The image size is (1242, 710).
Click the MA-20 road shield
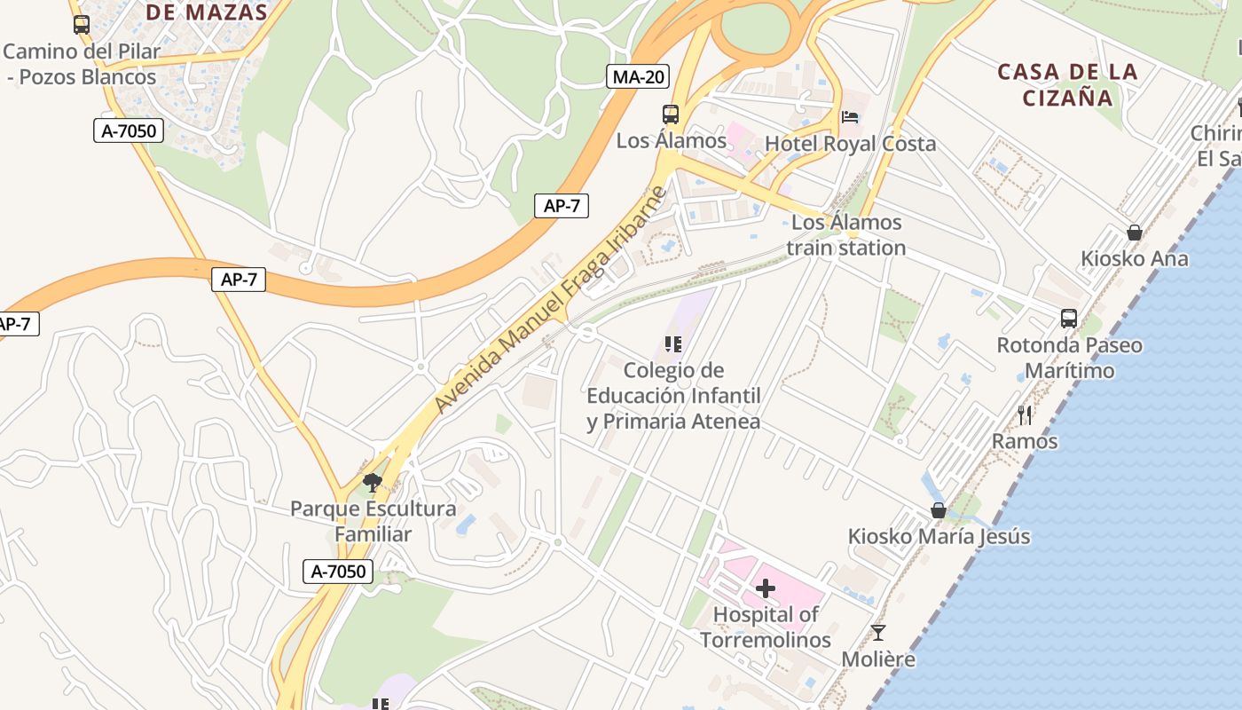[x=639, y=76]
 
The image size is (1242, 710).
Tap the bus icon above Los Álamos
[x=671, y=114]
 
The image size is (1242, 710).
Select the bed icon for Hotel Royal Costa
[x=850, y=116]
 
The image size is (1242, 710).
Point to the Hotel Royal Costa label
[x=850, y=144]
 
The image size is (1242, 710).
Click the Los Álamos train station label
[x=845, y=235]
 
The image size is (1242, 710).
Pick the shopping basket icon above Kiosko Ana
[x=1134, y=233]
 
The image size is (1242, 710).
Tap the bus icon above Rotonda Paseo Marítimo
[x=1069, y=318]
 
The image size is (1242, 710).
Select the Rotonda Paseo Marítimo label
[x=1069, y=358]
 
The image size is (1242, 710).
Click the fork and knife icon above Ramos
[x=1025, y=414]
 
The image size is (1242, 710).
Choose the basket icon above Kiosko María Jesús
[x=939, y=510]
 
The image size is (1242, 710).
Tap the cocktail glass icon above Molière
[x=877, y=633]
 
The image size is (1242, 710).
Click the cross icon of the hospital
[x=765, y=588]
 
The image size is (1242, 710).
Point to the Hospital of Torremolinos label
[x=766, y=627]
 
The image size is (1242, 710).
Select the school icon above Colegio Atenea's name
[x=672, y=343]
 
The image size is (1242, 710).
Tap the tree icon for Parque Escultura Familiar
[x=373, y=483]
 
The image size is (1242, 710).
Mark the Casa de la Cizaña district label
[x=1067, y=84]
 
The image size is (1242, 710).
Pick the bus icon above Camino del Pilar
[x=82, y=25]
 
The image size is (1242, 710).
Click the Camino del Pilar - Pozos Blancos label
[x=82, y=64]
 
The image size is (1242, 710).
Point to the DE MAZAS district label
[x=207, y=12]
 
